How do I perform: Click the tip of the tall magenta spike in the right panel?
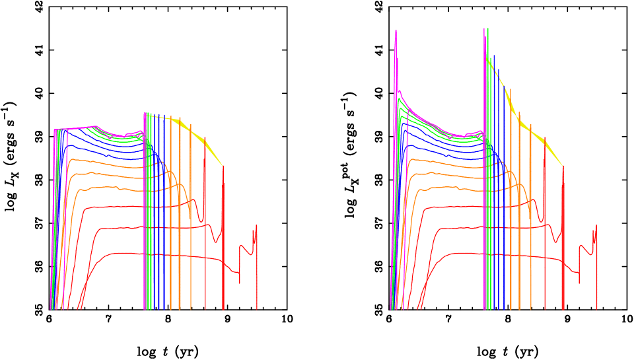click(396, 30)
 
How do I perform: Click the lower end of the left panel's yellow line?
click(223, 165)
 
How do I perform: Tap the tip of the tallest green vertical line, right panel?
click(488, 28)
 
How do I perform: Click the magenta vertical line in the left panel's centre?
click(144, 211)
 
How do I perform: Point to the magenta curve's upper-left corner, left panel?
click(54, 130)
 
